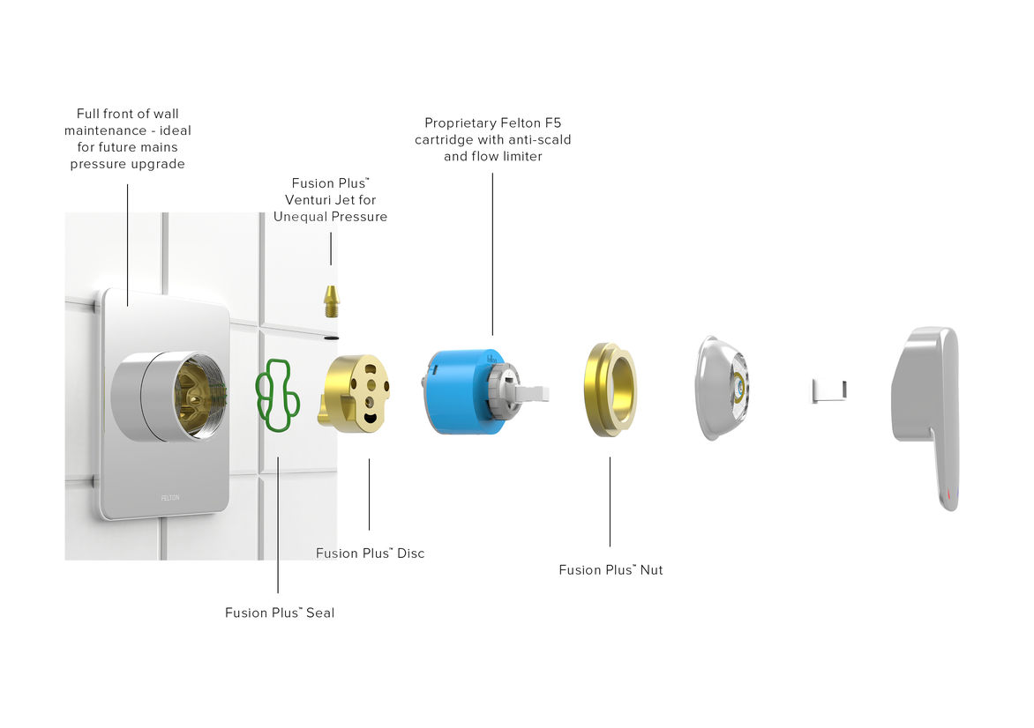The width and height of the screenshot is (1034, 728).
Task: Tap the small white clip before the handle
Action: pos(828,390)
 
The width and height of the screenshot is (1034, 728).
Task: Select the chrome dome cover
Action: pos(719,388)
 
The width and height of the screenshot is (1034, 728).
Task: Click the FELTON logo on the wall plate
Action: pos(170,497)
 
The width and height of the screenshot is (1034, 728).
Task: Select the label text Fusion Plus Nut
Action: pos(611,570)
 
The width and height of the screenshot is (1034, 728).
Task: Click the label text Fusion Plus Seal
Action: pos(280,613)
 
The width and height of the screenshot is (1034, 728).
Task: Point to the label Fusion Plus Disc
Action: pos(370,553)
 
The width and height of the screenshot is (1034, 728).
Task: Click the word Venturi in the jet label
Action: pos(309,200)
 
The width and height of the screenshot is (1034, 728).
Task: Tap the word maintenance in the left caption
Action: pos(109,130)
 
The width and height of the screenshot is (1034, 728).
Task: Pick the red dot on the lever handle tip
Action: pos(948,496)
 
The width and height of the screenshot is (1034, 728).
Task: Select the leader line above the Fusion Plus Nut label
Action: pos(610,502)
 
